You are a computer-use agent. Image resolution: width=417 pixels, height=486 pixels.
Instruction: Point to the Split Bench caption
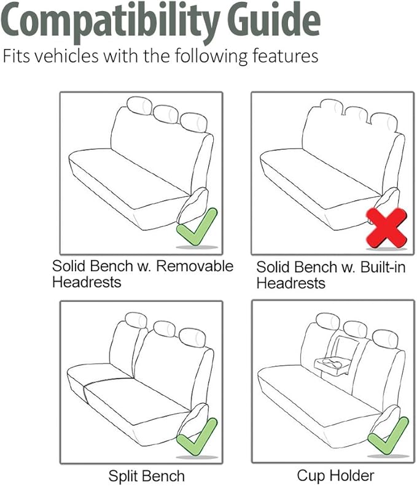coord(146,476)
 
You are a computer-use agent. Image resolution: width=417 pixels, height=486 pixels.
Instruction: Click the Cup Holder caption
coord(335,476)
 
